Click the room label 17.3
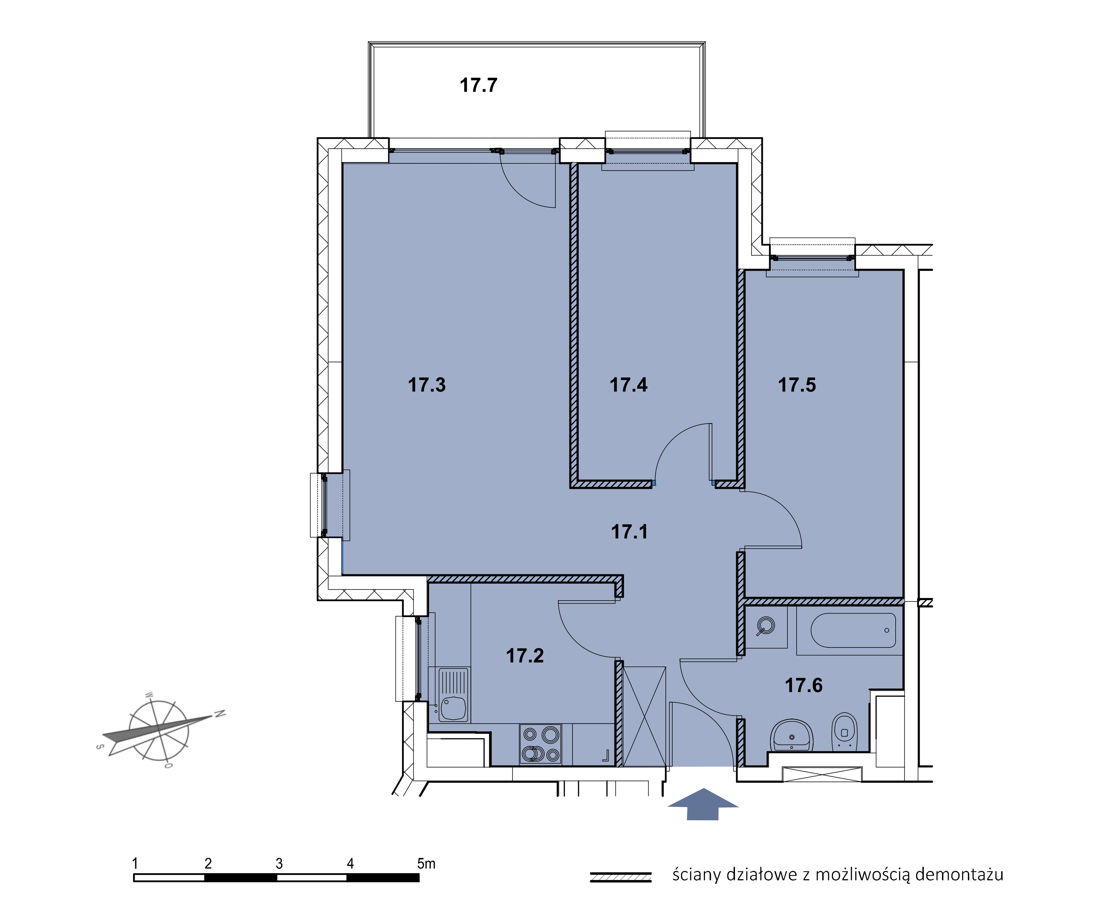427,385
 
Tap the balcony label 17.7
478,85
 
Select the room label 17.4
628,385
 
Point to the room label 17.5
797,385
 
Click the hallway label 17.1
629,532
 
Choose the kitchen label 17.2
525,656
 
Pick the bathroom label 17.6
804,685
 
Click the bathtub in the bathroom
853,630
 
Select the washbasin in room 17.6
792,735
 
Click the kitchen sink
453,695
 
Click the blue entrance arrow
703,804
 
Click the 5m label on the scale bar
426,863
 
